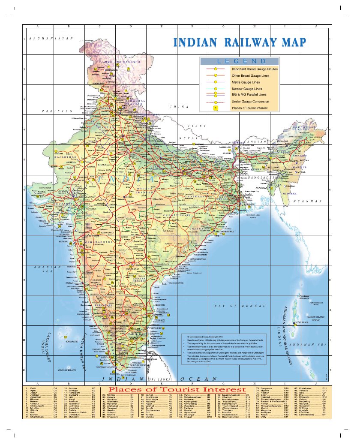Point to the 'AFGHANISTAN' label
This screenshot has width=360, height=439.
pos(51,38)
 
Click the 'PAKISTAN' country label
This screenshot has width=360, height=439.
pos(57,111)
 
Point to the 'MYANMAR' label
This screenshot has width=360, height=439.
pos(307,201)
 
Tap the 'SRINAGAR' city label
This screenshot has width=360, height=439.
pos(111,69)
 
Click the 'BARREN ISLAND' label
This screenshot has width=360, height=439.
pos(310,318)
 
